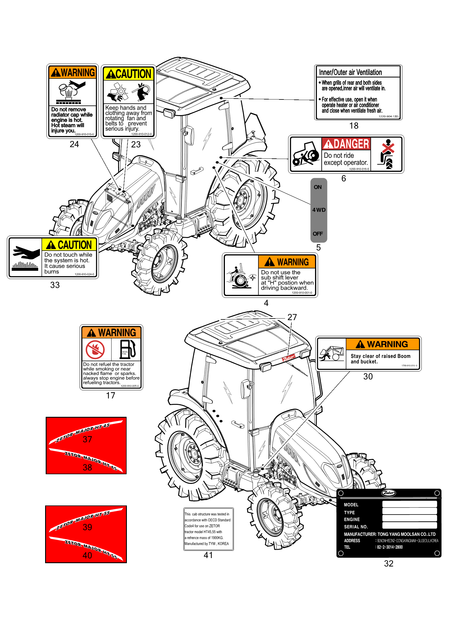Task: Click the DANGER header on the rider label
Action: click(346, 144)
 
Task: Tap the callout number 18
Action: click(354, 126)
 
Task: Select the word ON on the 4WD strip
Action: click(318, 187)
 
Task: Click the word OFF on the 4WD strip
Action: click(318, 234)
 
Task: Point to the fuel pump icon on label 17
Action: click(127, 349)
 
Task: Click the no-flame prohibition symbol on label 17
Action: click(95, 350)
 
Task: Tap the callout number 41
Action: click(208, 555)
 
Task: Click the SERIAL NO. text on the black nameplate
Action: click(356, 527)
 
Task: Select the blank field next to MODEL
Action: click(410, 504)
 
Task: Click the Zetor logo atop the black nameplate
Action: click(389, 493)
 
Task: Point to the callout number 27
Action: click(292, 317)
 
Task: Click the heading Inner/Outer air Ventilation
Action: click(350, 72)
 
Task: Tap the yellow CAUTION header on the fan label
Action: click(129, 74)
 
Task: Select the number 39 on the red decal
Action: click(87, 527)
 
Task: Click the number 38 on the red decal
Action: click(87, 468)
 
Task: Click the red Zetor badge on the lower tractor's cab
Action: click(289, 358)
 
